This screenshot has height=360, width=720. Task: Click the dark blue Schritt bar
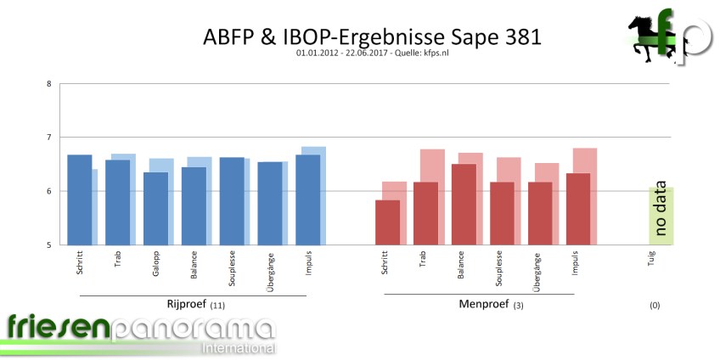79,200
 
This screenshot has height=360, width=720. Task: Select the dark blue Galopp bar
155,209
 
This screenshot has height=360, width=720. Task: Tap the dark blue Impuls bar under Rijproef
307,200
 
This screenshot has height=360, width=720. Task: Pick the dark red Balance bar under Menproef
463,205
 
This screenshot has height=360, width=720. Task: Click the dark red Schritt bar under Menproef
387,222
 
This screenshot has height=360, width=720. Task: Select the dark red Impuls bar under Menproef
577,209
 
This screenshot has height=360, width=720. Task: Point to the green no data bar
661,217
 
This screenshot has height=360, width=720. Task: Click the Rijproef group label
188,303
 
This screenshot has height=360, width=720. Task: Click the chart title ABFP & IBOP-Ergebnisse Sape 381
372,37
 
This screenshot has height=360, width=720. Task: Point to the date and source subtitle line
372,53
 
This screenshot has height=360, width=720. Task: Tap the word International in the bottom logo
238,348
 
